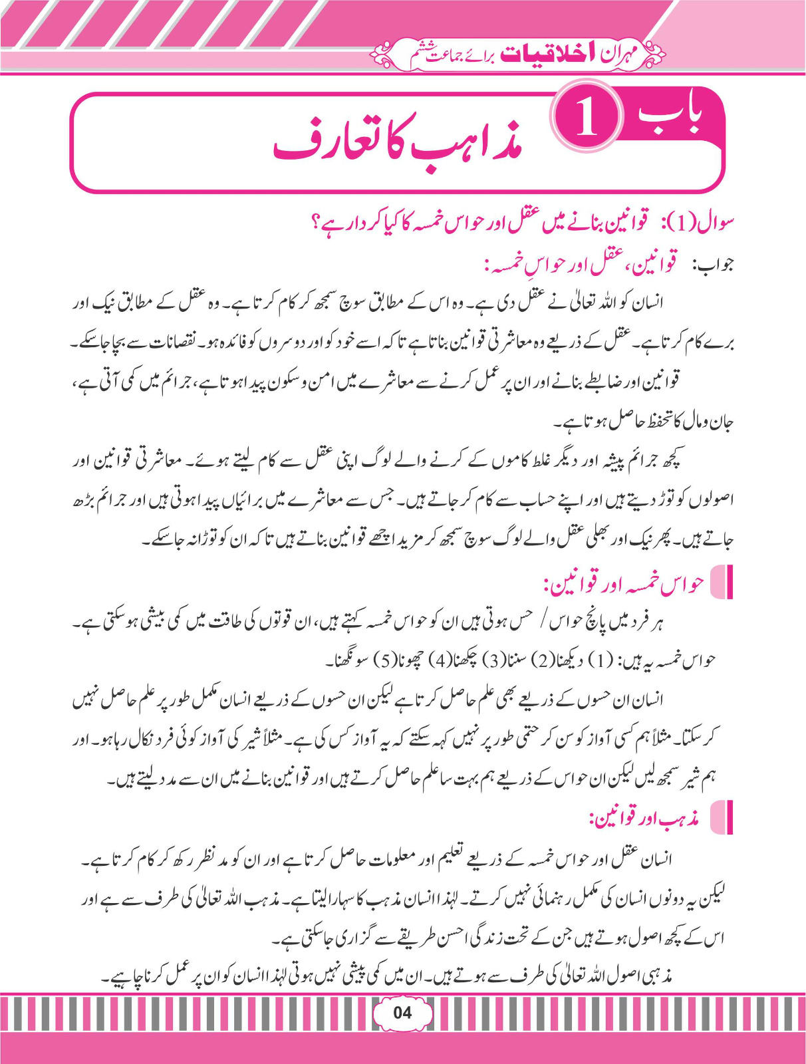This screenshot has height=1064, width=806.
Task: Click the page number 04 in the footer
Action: point(402,1013)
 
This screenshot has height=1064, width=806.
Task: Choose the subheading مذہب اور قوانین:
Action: point(644,819)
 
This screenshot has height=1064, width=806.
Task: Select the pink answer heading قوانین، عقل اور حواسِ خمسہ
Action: point(581,265)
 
